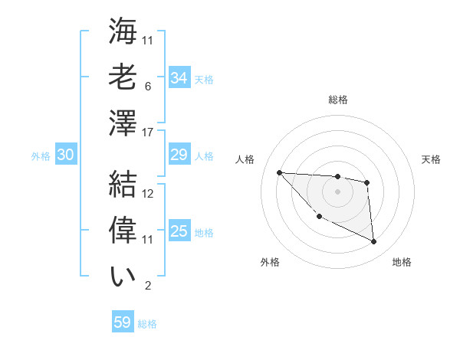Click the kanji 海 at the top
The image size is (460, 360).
tap(123, 32)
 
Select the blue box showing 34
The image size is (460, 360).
tap(179, 78)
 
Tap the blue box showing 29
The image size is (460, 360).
tap(179, 155)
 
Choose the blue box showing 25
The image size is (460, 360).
tap(179, 231)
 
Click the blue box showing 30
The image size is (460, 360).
tap(65, 155)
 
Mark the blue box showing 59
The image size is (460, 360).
tap(123, 322)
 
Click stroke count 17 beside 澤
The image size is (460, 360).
tap(149, 132)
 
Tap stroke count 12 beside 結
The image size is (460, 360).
tap(149, 195)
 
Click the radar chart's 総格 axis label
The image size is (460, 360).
tap(338, 100)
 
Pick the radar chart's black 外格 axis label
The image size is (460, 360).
tap(270, 262)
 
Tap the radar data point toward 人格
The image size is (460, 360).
tap(279, 172)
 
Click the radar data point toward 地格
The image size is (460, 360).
tap(374, 242)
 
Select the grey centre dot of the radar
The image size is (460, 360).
tap(337, 191)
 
